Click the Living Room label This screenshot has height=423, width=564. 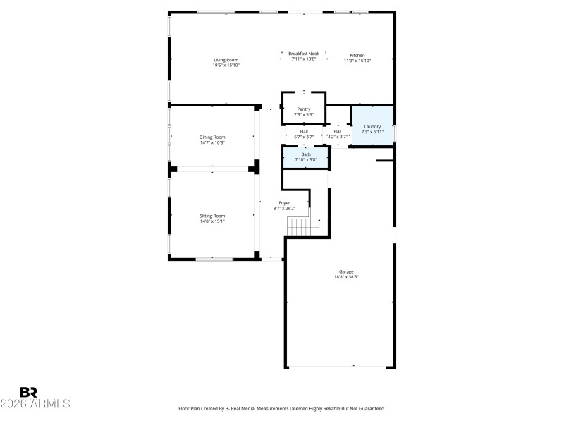[x=226, y=60]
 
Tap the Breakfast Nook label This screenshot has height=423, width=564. [x=304, y=54]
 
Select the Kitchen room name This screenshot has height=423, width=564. [x=357, y=55]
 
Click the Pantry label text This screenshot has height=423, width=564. [x=304, y=109]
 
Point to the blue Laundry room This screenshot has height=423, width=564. [x=372, y=127]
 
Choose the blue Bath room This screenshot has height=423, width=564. [x=306, y=157]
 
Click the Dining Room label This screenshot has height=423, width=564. [x=211, y=137]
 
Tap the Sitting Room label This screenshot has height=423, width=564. [x=211, y=216]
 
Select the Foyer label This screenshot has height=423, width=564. [x=284, y=203]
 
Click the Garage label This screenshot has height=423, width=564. [x=346, y=271]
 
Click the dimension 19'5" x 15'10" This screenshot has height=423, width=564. [x=226, y=66]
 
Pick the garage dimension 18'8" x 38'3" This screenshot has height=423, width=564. [x=346, y=277]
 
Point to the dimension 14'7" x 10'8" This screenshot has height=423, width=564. [x=211, y=142]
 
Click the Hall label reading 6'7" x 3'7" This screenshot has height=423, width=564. [x=304, y=134]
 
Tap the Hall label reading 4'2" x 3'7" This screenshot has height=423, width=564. [x=338, y=134]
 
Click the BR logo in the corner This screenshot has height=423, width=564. [x=28, y=392]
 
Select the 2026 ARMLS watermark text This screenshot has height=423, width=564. [x=35, y=404]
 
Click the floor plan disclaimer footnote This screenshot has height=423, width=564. [x=282, y=408]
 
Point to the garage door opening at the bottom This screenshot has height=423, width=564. [x=339, y=367]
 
